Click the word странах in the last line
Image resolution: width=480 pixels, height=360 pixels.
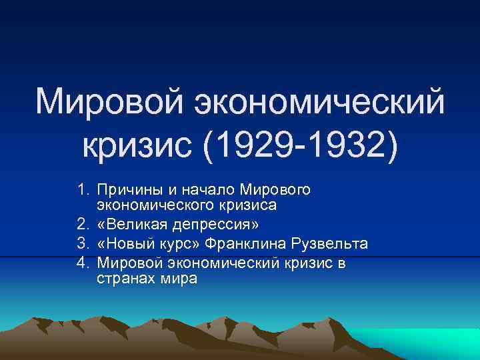pos(127,279)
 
